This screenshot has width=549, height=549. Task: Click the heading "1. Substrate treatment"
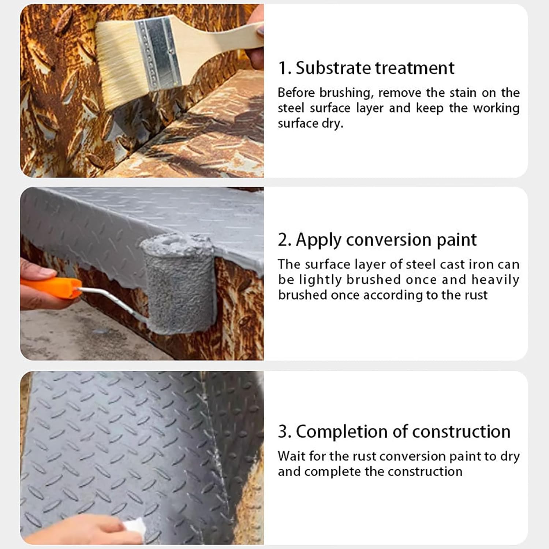pos(366,68)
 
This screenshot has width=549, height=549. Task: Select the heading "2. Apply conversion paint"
pos(377,240)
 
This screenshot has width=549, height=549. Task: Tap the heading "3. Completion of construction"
pos(394,432)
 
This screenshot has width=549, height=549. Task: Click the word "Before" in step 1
pos(296,93)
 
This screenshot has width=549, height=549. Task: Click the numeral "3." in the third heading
pos(285,432)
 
